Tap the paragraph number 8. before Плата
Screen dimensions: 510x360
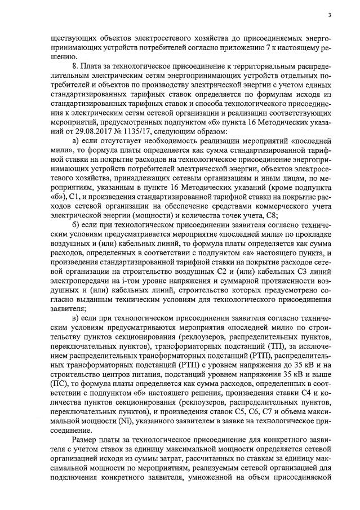[75, 67]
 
